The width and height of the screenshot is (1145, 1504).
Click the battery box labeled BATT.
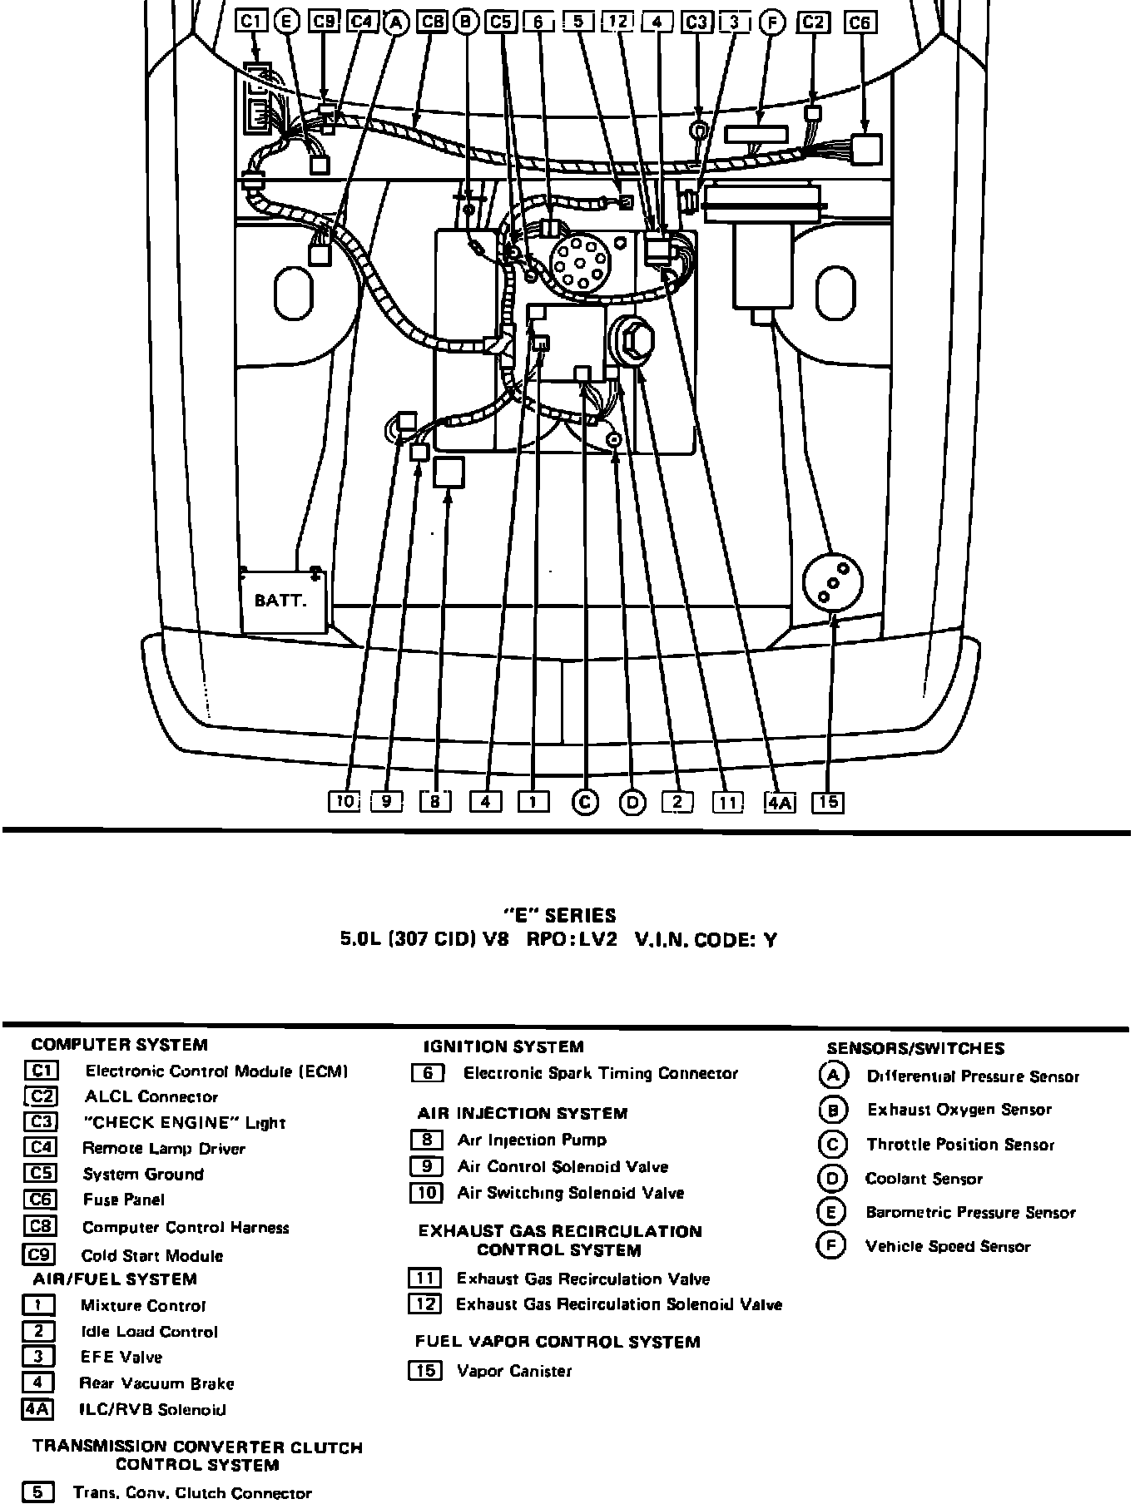(x=284, y=601)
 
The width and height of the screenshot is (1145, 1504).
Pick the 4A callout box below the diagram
(x=780, y=802)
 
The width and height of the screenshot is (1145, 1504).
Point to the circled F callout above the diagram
(x=773, y=22)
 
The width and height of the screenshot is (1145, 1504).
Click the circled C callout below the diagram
(x=585, y=802)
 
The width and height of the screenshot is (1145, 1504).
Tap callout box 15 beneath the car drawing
(x=828, y=802)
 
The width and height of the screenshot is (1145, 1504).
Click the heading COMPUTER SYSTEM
(x=119, y=1045)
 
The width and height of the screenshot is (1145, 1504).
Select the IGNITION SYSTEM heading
(x=503, y=1046)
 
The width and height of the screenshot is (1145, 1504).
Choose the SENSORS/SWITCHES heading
(x=915, y=1048)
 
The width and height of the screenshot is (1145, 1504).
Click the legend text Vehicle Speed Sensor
(x=948, y=1246)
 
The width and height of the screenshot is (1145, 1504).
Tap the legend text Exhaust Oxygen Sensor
(x=959, y=1110)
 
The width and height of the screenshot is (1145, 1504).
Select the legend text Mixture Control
(x=142, y=1306)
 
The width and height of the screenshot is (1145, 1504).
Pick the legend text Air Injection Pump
(x=532, y=1140)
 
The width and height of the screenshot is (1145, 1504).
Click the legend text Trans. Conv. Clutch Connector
(x=192, y=1493)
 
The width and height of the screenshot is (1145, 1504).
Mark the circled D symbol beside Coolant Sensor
(x=832, y=1179)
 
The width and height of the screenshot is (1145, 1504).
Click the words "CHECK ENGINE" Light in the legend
(x=184, y=1123)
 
